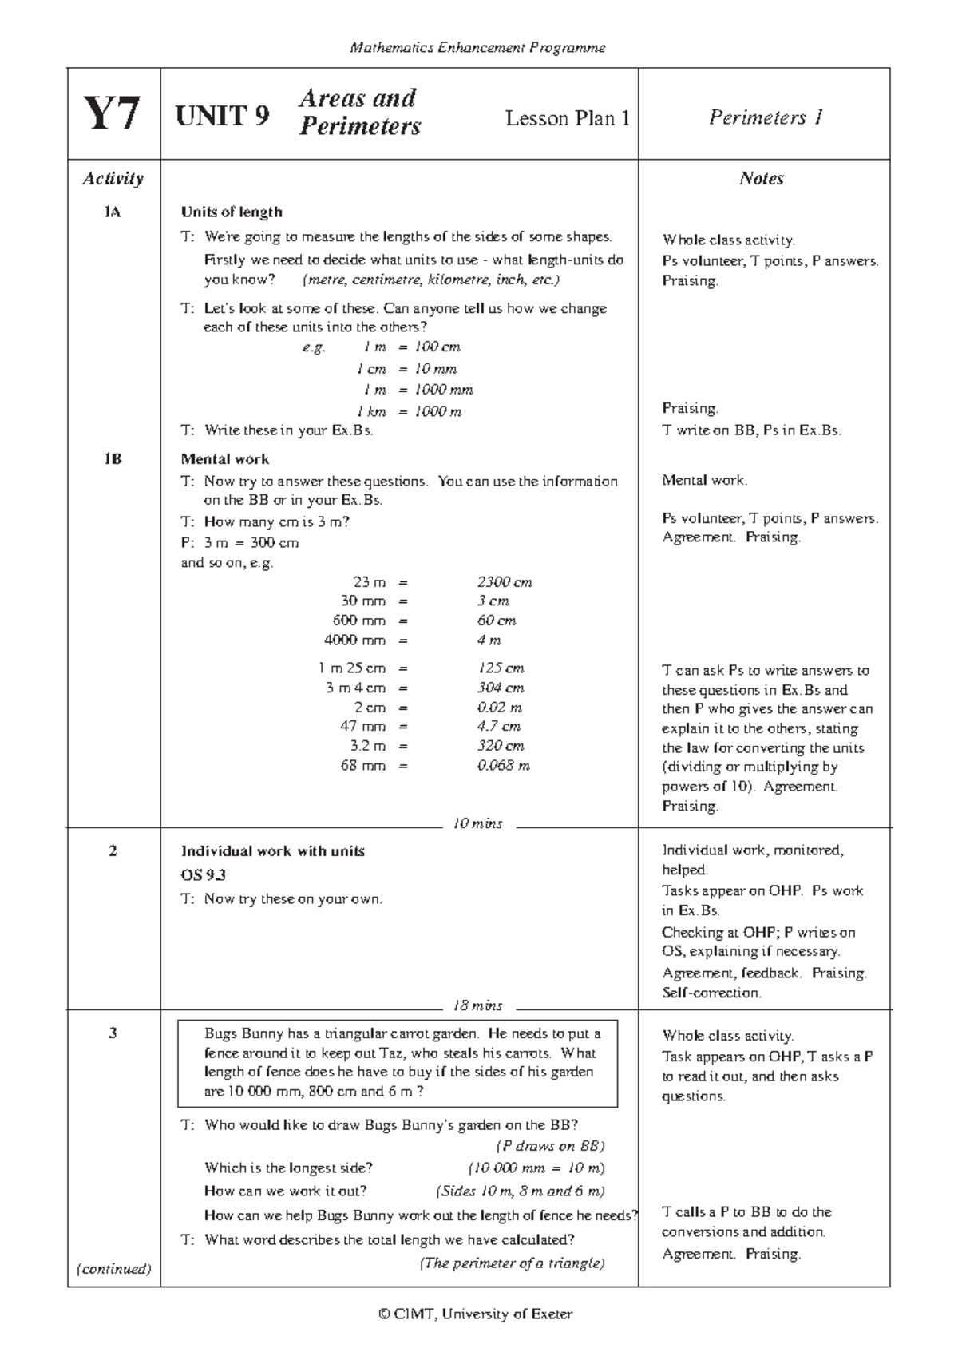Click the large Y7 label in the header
[x=113, y=114]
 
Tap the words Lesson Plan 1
[x=568, y=118]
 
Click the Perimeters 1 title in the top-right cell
[x=765, y=117]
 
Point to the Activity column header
[x=113, y=179]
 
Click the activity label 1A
[x=113, y=212]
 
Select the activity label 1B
[x=113, y=459]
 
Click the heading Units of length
[x=232, y=212]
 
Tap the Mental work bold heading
[x=225, y=459]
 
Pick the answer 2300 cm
[x=505, y=582]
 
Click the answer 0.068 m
[x=503, y=766]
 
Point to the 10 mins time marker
[x=477, y=823]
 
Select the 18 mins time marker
[x=477, y=1005]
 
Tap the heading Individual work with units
[x=273, y=851]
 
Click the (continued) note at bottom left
[x=113, y=1268]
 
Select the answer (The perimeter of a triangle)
[x=512, y=1263]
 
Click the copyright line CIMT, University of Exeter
[x=477, y=1314]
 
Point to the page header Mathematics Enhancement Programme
[x=477, y=48]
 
